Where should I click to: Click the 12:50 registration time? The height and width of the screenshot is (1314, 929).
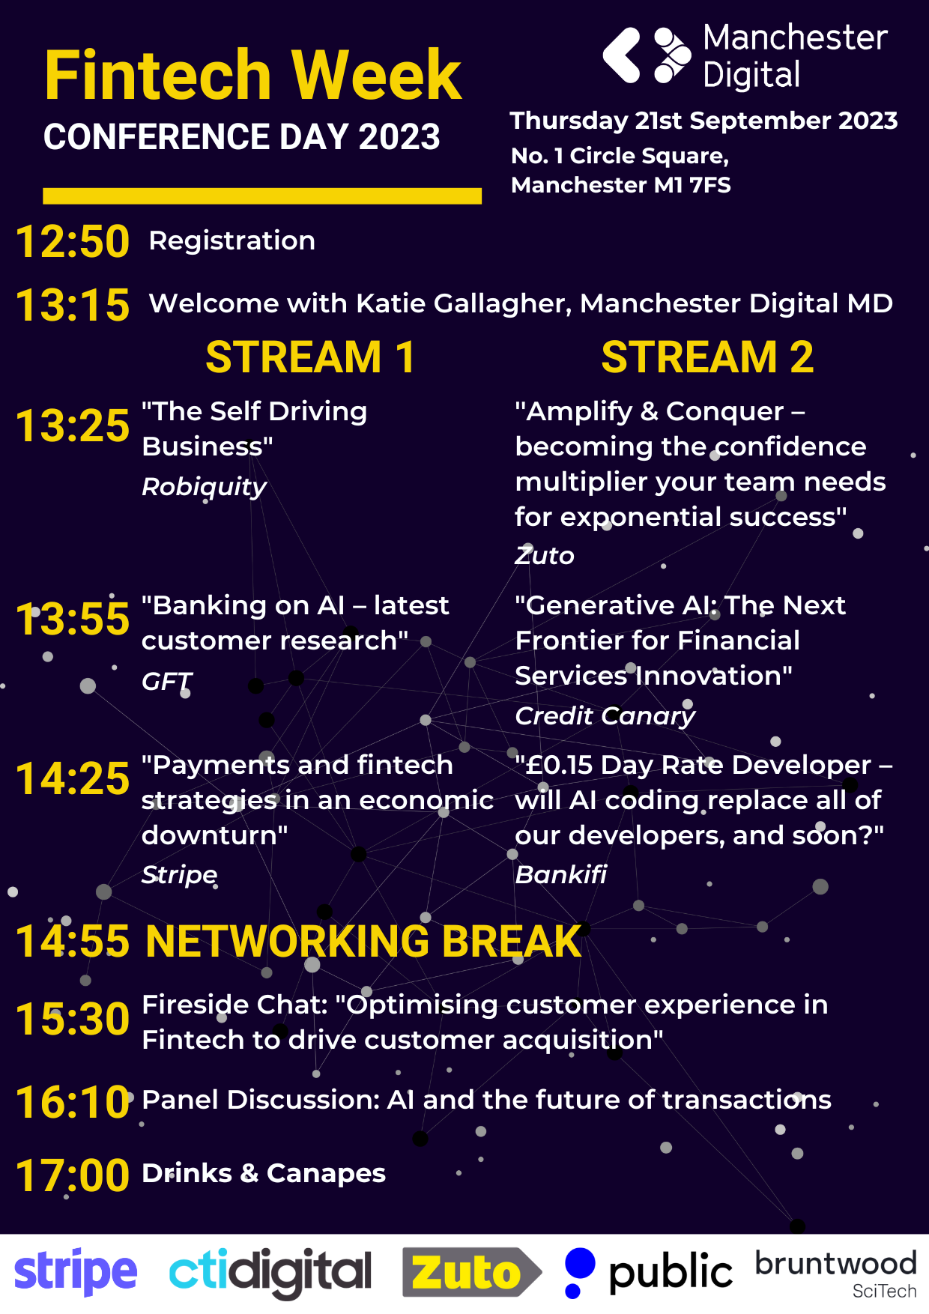tap(73, 242)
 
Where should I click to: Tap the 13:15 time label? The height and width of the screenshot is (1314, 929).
tap(73, 306)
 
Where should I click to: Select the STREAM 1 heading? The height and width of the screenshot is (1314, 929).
tap(310, 357)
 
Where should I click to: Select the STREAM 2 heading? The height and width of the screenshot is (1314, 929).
tap(707, 357)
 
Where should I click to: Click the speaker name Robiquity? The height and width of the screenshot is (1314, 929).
tap(205, 487)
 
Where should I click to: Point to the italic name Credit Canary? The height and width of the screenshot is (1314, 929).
tap(605, 716)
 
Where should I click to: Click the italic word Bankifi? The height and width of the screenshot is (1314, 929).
tap(561, 874)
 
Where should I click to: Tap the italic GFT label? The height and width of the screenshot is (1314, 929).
tap(167, 681)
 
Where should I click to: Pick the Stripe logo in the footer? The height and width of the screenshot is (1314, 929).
tap(76, 1273)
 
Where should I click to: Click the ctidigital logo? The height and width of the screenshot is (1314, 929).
tap(270, 1273)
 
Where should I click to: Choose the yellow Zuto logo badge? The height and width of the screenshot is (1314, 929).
tap(472, 1272)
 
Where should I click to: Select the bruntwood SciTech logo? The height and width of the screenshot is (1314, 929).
tap(836, 1273)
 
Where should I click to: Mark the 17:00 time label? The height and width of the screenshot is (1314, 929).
tap(73, 1175)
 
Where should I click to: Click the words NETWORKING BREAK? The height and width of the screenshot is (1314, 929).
tap(363, 942)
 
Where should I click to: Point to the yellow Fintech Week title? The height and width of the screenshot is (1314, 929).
tap(253, 75)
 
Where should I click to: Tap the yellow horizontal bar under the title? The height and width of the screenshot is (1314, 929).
tap(262, 196)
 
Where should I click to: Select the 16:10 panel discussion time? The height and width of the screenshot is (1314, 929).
tap(73, 1103)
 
